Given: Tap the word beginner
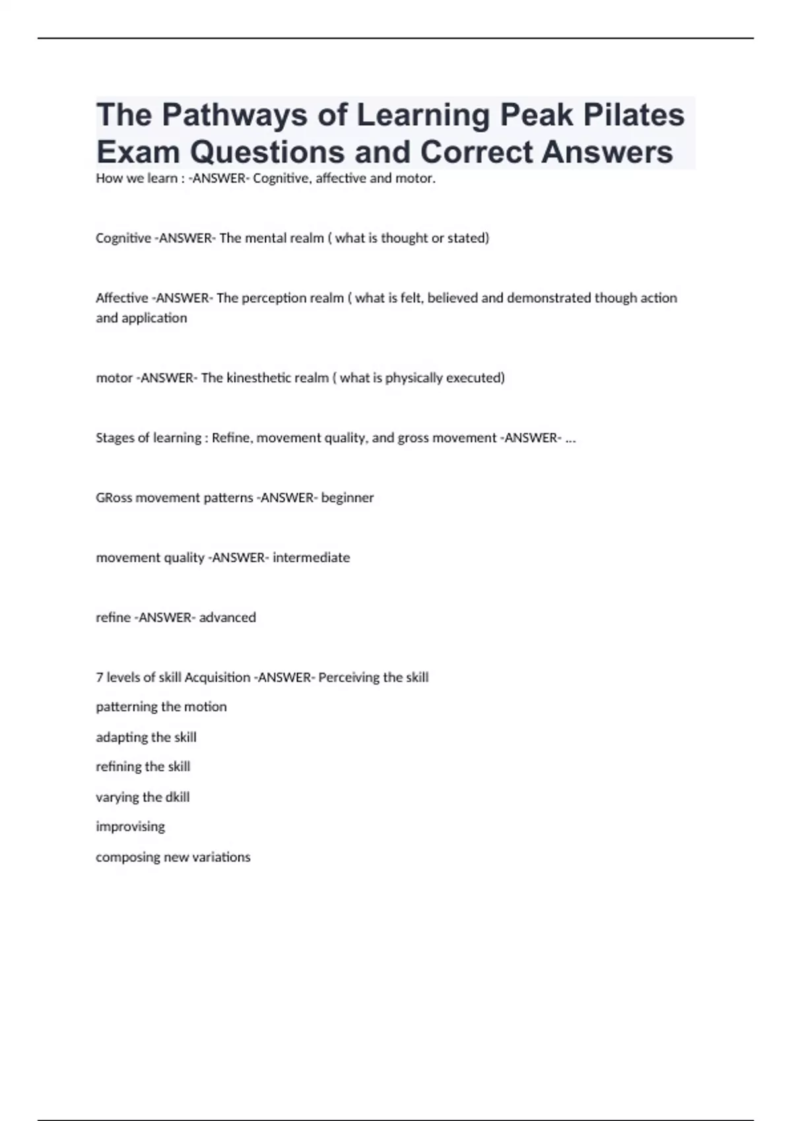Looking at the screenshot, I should [x=347, y=498].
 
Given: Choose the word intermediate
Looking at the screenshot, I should [x=311, y=558].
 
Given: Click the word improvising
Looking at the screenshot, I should [x=130, y=827].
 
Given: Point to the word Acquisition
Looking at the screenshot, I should [x=217, y=677].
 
